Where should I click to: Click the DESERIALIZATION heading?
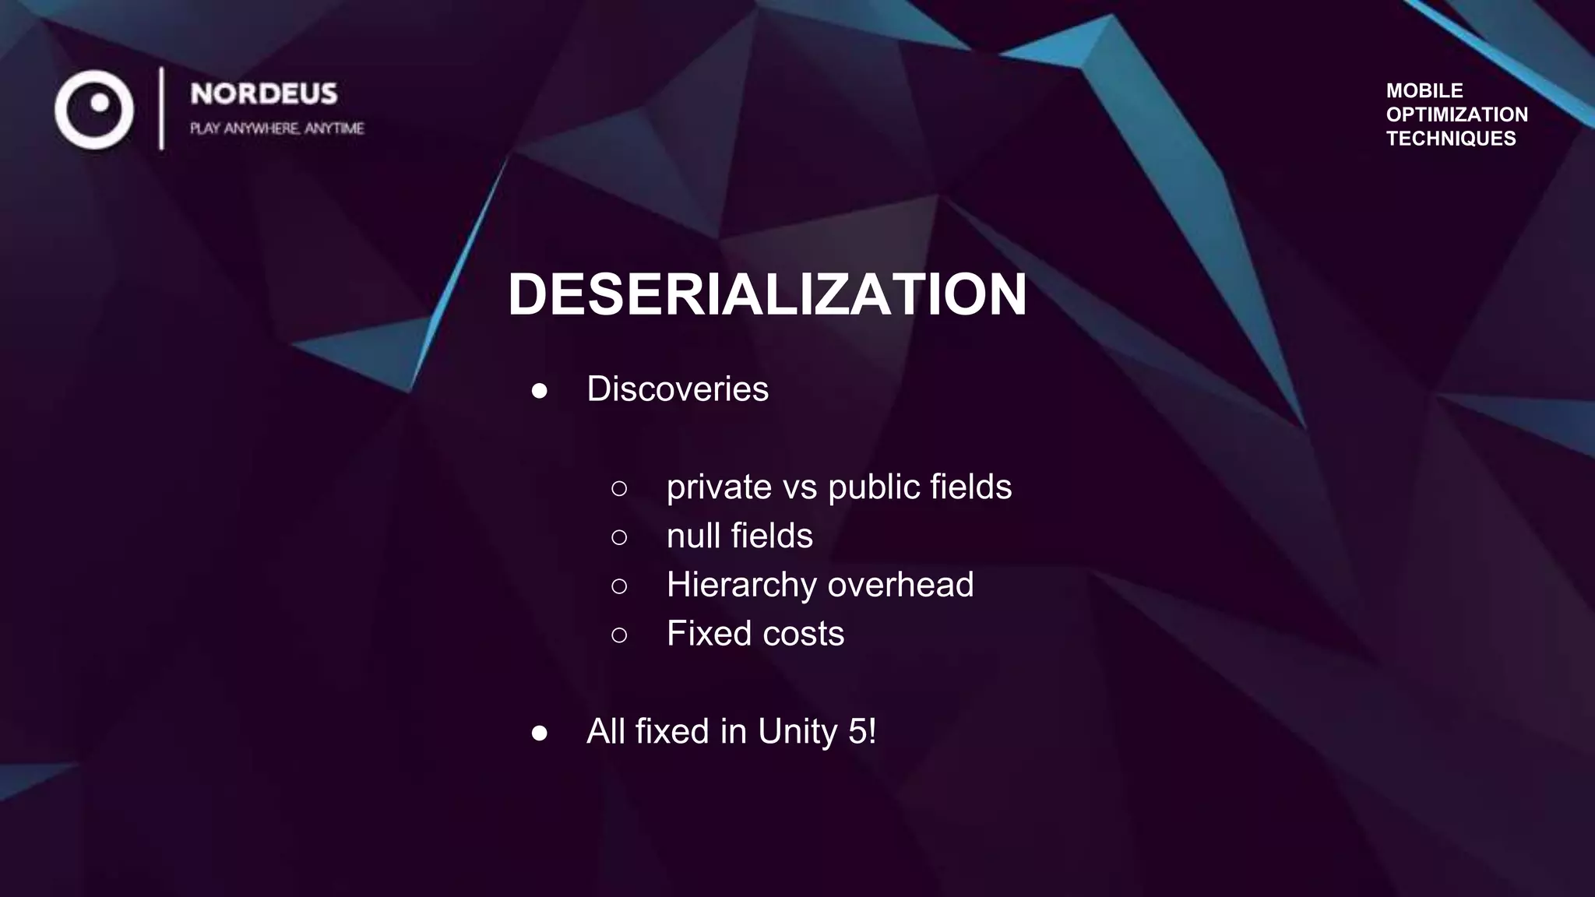click(x=767, y=294)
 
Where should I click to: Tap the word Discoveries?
click(x=677, y=389)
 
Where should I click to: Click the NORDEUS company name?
click(x=264, y=94)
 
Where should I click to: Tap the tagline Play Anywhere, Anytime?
click(x=276, y=128)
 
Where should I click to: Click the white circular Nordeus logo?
click(x=94, y=109)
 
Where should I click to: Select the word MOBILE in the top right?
click(x=1424, y=90)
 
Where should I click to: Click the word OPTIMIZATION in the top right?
click(x=1456, y=114)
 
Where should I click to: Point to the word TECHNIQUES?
click(x=1450, y=139)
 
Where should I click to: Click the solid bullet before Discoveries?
click(x=539, y=391)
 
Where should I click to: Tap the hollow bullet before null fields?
click(x=619, y=537)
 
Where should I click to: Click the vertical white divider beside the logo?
click(x=161, y=108)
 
